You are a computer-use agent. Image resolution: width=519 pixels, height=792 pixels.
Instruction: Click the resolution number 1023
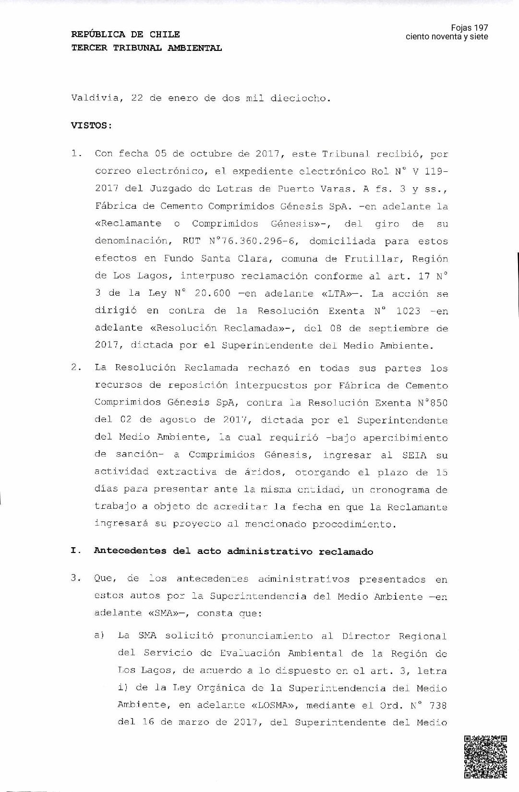(x=408, y=311)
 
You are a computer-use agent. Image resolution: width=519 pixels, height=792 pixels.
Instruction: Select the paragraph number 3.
(x=75, y=578)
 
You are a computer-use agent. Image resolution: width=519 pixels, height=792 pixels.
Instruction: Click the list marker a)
(x=99, y=636)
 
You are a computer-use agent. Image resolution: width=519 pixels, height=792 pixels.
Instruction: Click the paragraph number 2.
(x=75, y=368)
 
